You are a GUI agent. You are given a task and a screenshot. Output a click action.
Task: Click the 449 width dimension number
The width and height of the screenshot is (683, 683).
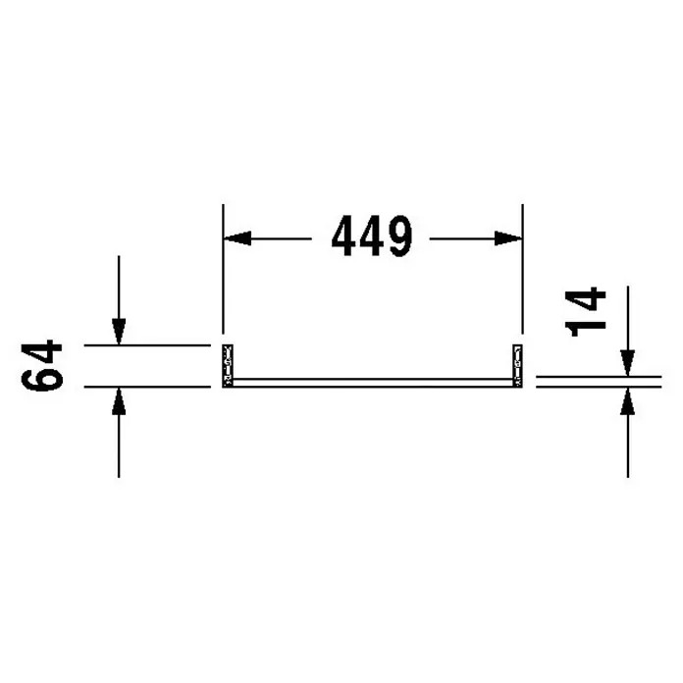(x=372, y=236)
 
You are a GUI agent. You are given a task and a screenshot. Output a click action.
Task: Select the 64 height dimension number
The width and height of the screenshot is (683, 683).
(x=42, y=365)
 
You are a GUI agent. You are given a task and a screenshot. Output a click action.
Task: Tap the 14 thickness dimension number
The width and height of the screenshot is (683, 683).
(x=585, y=311)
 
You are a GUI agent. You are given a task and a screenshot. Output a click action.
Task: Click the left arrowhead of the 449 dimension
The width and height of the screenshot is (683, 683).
(x=237, y=238)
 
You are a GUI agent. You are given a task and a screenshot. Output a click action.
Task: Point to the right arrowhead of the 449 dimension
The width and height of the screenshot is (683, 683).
(x=508, y=238)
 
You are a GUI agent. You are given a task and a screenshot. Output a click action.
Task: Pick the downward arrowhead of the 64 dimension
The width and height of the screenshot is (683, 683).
(x=119, y=331)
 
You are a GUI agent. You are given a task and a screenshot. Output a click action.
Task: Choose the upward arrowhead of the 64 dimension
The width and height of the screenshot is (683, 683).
(x=119, y=400)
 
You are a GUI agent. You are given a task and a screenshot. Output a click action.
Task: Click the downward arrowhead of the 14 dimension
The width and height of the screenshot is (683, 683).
(x=628, y=363)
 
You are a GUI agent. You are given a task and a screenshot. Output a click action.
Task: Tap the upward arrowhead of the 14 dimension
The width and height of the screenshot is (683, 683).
(x=628, y=400)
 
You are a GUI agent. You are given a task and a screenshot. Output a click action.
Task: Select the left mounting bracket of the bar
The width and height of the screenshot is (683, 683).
(x=228, y=365)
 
